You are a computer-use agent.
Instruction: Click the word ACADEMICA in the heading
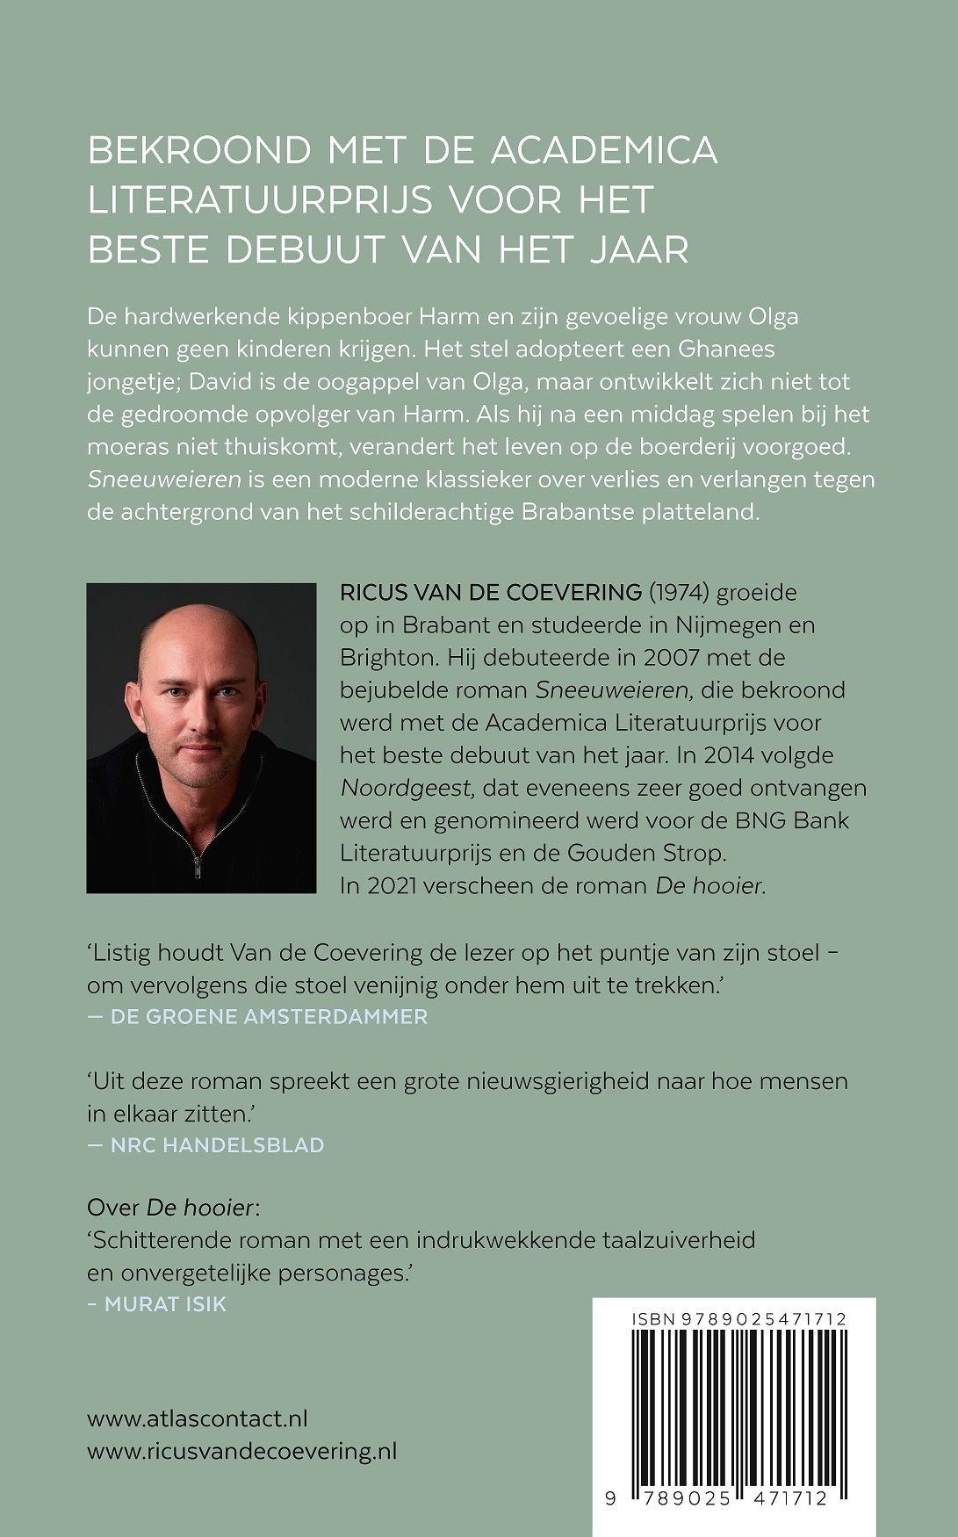[x=603, y=150]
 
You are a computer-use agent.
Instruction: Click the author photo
[x=201, y=738]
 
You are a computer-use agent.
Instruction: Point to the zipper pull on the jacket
[x=198, y=867]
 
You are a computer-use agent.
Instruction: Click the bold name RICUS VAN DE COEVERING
[x=490, y=592]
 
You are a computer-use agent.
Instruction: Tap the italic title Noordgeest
[x=407, y=788]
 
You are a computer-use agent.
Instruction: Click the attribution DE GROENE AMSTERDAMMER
[x=269, y=1016]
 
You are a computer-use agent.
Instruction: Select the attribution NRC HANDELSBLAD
[x=217, y=1144]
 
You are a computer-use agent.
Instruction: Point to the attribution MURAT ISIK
[x=165, y=1304]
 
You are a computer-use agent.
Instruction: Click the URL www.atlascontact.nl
[x=198, y=1418]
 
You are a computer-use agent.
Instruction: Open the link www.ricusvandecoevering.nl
[x=242, y=1451]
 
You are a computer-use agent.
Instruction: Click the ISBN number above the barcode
[x=738, y=1319]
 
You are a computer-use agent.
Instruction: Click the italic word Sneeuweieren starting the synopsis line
[x=164, y=480]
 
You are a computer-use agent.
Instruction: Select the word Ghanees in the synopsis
[x=726, y=349]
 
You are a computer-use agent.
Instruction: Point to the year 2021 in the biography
[x=393, y=885]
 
